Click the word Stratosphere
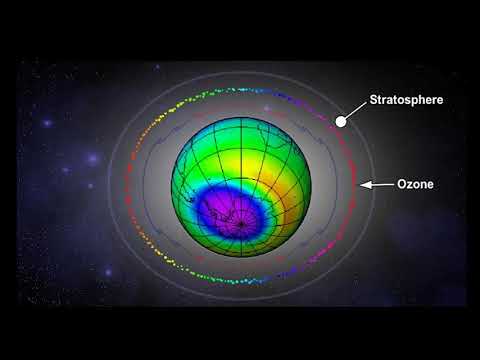406,100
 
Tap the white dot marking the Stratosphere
341,121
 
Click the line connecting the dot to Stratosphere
355,111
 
